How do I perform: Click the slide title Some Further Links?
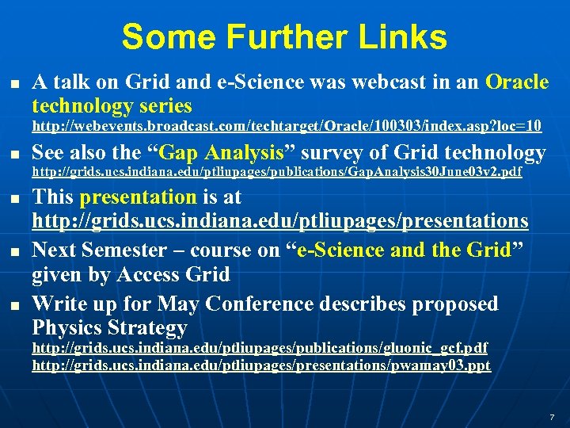(x=284, y=37)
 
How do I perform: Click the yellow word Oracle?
(x=516, y=82)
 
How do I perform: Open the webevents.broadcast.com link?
(x=287, y=126)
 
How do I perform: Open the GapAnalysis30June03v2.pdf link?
(x=276, y=173)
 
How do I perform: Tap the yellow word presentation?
(x=138, y=197)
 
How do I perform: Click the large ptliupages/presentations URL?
(x=279, y=220)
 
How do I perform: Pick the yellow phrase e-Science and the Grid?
(x=405, y=250)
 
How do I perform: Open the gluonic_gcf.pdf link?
(x=260, y=348)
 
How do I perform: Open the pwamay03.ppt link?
(x=261, y=365)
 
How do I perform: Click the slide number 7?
(x=552, y=416)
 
